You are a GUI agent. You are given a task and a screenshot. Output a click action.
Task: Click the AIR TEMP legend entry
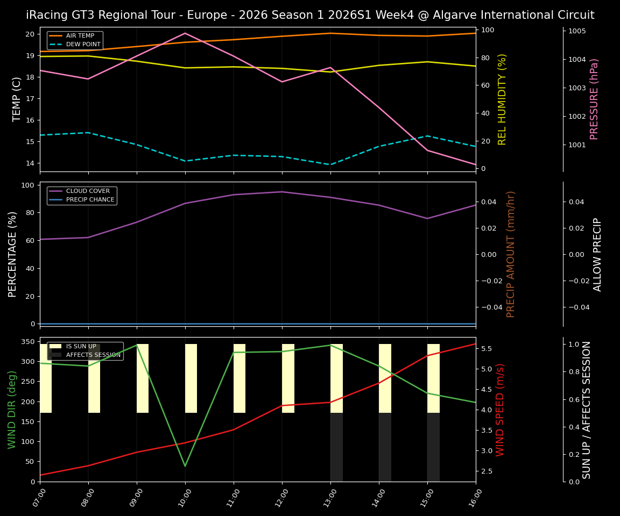pos(80,36)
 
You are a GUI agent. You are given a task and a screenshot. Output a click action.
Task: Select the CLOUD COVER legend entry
pos(87,191)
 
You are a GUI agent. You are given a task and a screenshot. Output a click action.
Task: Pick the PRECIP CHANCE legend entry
pos(90,200)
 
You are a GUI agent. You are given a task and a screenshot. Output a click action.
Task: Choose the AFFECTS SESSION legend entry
pos(93,355)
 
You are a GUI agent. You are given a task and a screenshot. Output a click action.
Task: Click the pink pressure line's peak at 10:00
pos(185,33)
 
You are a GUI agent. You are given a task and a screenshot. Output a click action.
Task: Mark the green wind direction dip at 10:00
pos(185,466)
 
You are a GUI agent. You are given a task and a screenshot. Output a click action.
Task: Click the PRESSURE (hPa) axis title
pos(594,99)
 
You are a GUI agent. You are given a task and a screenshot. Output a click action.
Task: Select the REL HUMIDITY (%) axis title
pos(502,99)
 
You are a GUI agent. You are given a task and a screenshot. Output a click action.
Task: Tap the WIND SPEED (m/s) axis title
pos(501,410)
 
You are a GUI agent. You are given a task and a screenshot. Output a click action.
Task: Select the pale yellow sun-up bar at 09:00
pos(143,378)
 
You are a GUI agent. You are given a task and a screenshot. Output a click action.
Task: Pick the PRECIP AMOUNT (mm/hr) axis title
pos(511,254)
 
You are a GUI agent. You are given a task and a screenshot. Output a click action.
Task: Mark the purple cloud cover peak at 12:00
pos(281,192)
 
